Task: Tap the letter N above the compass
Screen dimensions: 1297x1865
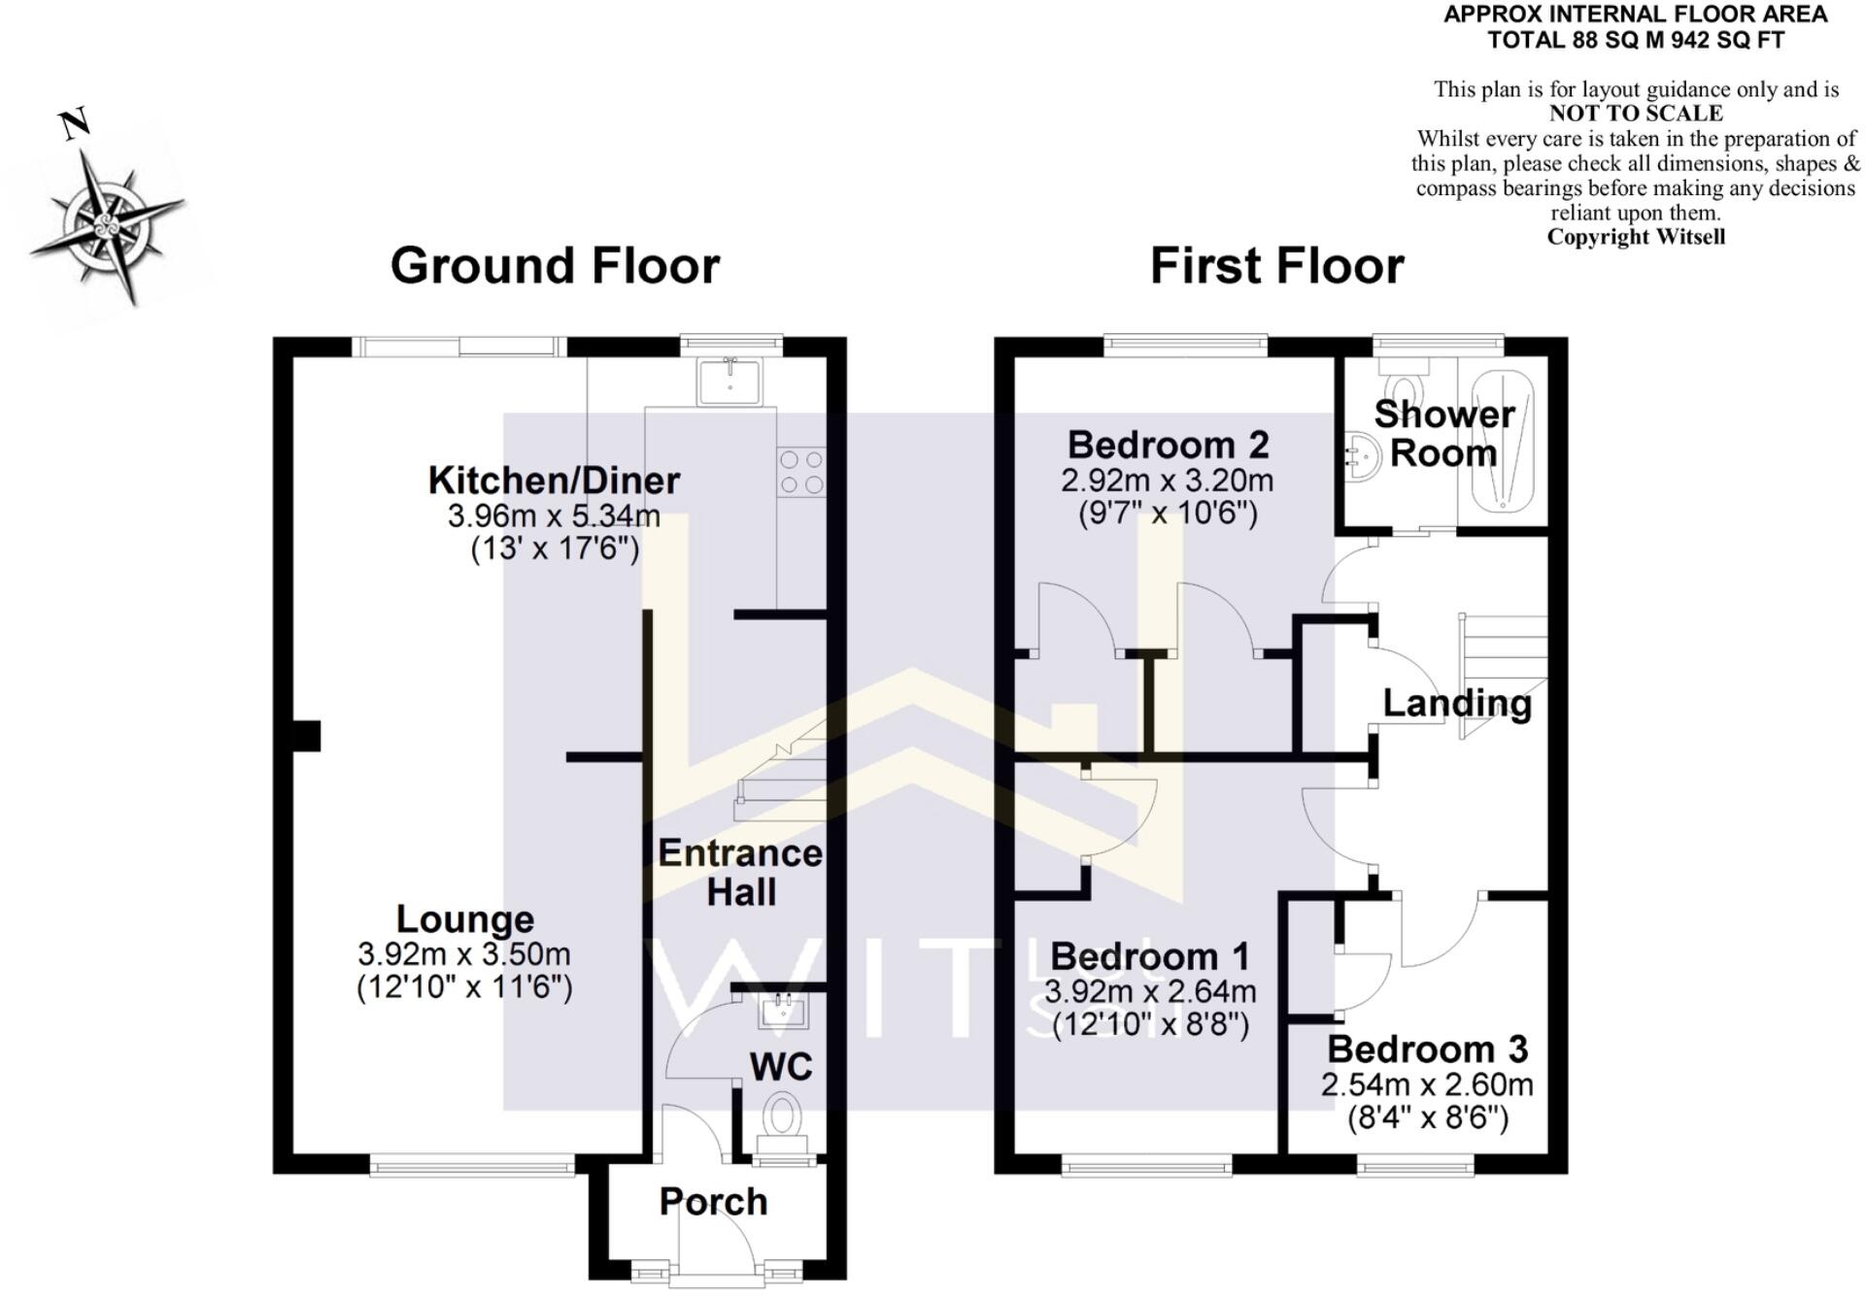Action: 75,123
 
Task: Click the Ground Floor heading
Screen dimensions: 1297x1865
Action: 555,266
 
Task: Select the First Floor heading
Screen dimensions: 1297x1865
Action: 1276,266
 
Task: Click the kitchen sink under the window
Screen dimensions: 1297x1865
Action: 730,380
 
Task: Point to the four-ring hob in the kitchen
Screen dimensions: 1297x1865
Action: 802,472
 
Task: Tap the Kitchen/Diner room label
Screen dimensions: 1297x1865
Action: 554,480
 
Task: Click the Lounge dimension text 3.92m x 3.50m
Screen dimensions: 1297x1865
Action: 464,953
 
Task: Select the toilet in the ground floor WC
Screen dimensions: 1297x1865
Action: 782,1115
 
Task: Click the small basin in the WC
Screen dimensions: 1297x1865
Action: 784,1010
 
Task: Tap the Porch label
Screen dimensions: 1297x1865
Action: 713,1202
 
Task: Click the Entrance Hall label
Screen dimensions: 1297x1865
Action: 740,872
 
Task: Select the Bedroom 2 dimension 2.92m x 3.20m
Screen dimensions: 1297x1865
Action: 1167,481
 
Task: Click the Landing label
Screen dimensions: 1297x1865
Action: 1456,703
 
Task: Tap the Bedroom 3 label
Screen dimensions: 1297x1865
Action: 1427,1049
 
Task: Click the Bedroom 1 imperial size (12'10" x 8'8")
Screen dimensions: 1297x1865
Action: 1150,1025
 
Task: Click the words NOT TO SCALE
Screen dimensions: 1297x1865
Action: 1636,115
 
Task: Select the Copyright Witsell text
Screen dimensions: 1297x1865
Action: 1636,237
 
